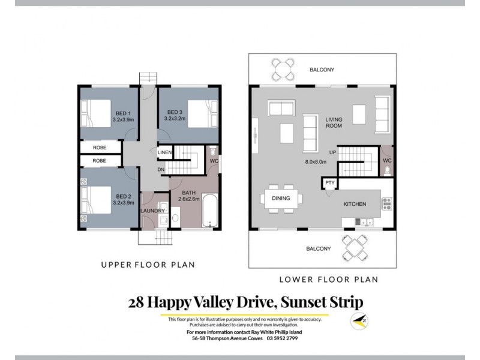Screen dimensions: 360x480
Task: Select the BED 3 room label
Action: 175,112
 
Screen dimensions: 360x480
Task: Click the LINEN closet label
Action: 165,153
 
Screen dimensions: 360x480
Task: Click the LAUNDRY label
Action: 152,211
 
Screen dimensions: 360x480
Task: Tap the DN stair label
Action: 161,170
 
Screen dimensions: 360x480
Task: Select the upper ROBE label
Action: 100,147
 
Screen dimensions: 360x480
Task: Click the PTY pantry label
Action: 329,182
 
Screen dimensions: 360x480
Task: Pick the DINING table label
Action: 281,198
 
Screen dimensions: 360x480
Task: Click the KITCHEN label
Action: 354,204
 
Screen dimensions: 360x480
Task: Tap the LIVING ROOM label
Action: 334,123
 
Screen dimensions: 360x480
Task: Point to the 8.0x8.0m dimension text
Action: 316,161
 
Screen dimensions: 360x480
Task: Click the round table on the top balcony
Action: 283,68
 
